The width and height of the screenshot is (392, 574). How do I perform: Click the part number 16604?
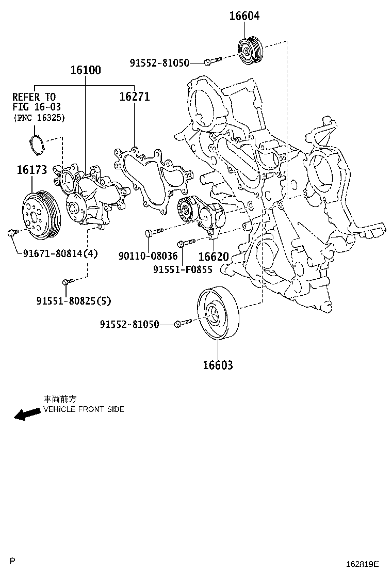[x=244, y=16]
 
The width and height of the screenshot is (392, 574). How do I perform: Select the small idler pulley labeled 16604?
[x=251, y=50]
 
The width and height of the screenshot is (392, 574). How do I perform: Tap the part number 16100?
[x=86, y=70]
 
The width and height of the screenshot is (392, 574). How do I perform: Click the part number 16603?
[x=218, y=365]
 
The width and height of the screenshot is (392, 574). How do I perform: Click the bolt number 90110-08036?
[x=148, y=256]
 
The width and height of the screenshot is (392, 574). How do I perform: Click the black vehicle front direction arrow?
[x=26, y=413]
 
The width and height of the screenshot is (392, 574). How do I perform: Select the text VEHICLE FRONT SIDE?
[x=84, y=409]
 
